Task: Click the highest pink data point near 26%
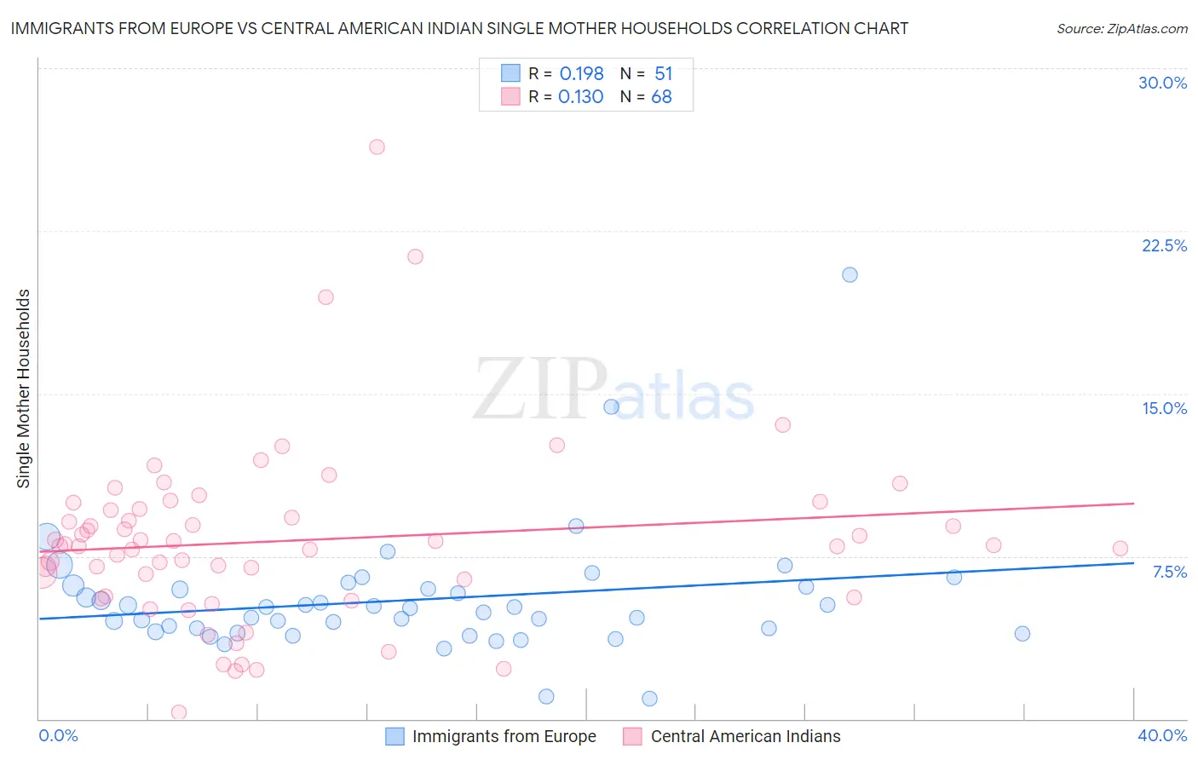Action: pyautogui.click(x=377, y=147)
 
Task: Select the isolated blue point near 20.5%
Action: pyautogui.click(x=850, y=274)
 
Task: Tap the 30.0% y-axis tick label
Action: pyautogui.click(x=1162, y=83)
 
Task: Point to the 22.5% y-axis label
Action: pyautogui.click(x=1164, y=245)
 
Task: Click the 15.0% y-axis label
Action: pyautogui.click(x=1164, y=408)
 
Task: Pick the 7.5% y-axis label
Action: pyautogui.click(x=1169, y=572)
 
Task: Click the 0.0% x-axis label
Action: pyautogui.click(x=58, y=735)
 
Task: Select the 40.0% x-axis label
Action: pyautogui.click(x=1162, y=735)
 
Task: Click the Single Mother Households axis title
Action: pyautogui.click(x=24, y=389)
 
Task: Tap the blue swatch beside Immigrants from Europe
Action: pyautogui.click(x=395, y=736)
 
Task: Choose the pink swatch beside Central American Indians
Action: pyautogui.click(x=632, y=736)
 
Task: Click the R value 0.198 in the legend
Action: pyautogui.click(x=581, y=74)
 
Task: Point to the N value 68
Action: pyautogui.click(x=661, y=97)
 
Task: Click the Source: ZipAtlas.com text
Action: pyautogui.click(x=1121, y=29)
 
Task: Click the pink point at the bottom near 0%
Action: pyautogui.click(x=179, y=712)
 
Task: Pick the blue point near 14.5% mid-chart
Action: pyautogui.click(x=611, y=406)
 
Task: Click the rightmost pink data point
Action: pyautogui.click(x=1120, y=549)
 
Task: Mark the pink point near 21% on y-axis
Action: pyautogui.click(x=415, y=256)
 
